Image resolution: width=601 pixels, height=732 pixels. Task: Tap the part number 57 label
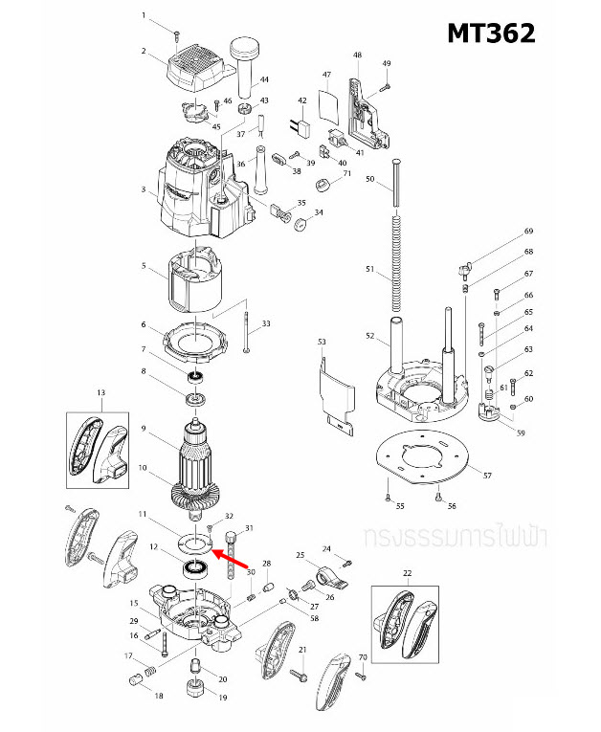tap(487, 476)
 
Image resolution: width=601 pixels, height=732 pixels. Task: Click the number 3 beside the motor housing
tap(144, 190)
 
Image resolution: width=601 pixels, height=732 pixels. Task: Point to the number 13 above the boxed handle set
tap(100, 393)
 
